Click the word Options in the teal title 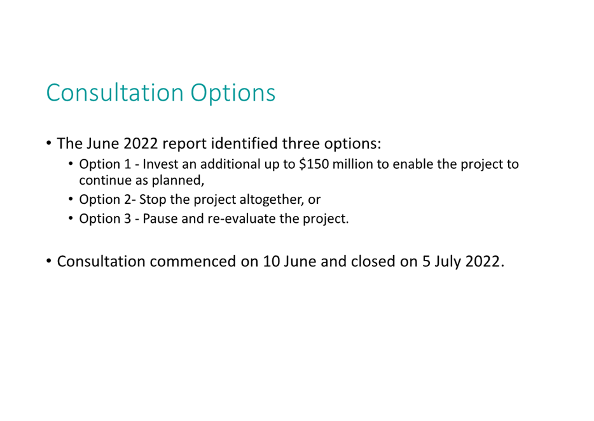(233, 93)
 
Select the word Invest (160, 164)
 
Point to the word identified (244, 143)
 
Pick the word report (184, 144)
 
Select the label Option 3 (105, 219)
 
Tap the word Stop (153, 200)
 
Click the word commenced (193, 261)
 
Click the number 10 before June (271, 261)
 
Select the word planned (178, 181)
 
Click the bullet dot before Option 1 (71, 164)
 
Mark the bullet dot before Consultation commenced (48, 261)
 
